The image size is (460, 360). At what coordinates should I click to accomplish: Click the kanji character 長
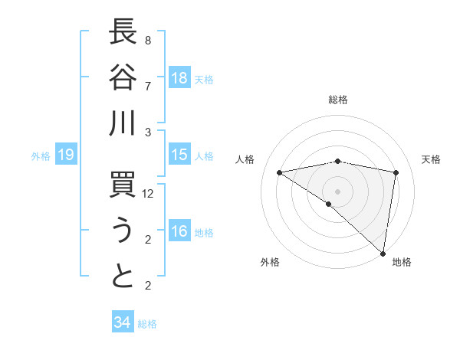click(x=123, y=33)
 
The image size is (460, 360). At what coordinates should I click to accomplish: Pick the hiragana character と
click(x=123, y=277)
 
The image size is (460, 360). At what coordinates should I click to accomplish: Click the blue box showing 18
click(x=179, y=78)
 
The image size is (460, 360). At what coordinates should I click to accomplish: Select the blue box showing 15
click(x=179, y=155)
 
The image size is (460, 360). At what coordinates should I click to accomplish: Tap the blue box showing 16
click(x=179, y=232)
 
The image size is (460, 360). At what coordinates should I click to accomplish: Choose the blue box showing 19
click(x=65, y=155)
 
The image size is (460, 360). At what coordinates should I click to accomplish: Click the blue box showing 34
click(x=122, y=322)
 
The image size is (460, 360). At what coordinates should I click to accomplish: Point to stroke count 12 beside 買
click(x=149, y=195)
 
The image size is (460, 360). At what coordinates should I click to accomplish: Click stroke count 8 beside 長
click(x=147, y=40)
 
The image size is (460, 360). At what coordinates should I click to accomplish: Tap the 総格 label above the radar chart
click(x=337, y=100)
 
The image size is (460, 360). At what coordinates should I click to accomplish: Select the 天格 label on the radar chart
click(x=431, y=159)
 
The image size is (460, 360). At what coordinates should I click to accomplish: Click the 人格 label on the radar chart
click(x=245, y=159)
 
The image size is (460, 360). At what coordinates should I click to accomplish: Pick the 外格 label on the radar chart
click(x=270, y=262)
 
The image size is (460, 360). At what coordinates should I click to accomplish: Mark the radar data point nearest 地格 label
click(x=382, y=252)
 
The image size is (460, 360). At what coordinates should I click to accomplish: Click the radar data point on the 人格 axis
click(x=280, y=172)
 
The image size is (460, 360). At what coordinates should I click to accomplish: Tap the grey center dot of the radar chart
click(x=337, y=190)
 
